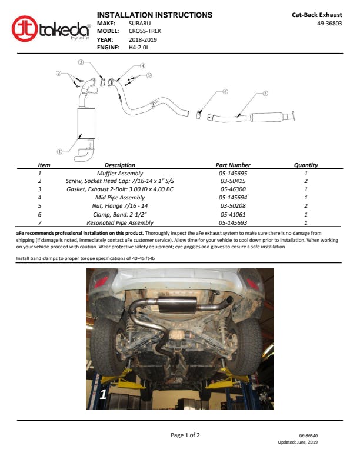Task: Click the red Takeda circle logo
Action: tap(25, 29)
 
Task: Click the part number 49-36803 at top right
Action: tap(329, 23)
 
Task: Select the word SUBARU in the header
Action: tap(139, 23)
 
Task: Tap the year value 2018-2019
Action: tap(142, 39)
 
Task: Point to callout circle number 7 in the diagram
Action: tap(265, 94)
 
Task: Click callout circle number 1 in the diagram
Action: tap(59, 152)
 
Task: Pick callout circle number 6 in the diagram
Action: tap(225, 92)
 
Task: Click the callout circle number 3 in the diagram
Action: tap(81, 62)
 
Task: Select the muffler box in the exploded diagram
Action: tap(86, 123)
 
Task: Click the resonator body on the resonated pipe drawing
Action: tap(266, 117)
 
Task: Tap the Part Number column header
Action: tap(233, 165)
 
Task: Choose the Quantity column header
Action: tap(306, 165)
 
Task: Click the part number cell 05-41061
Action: tap(233, 214)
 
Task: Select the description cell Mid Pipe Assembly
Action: tap(119, 197)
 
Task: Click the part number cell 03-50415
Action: tap(233, 181)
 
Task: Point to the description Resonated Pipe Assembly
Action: tap(119, 222)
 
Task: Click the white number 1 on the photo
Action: tap(103, 394)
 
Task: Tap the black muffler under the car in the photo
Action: tap(178, 304)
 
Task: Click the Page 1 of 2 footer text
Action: tap(185, 435)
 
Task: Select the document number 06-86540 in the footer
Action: tap(308, 435)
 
